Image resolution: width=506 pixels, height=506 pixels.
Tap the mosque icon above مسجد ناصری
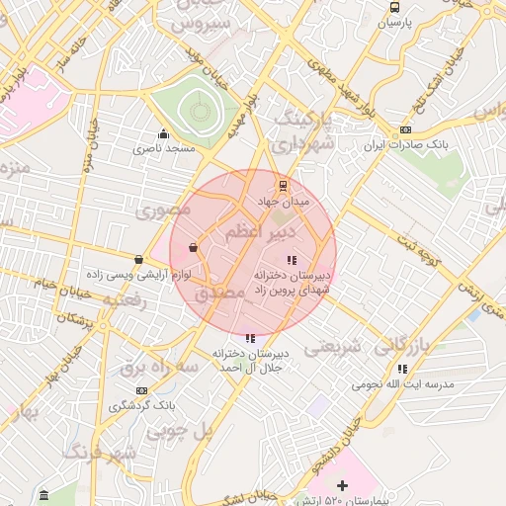[x=164, y=134]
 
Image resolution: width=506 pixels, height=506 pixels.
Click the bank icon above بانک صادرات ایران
[x=405, y=130]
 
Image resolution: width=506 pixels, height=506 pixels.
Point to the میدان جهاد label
[x=284, y=201]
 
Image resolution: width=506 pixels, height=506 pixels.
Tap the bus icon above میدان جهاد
[x=284, y=186]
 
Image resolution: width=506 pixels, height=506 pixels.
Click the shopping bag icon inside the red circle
[x=192, y=246]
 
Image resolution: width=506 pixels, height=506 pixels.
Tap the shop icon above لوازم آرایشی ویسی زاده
[x=139, y=260]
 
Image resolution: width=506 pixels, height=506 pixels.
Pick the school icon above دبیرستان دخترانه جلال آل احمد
[x=250, y=338]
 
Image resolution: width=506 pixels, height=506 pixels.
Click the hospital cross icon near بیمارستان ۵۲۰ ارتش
[x=343, y=485]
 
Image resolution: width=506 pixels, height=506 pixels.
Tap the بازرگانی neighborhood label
[x=407, y=344]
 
